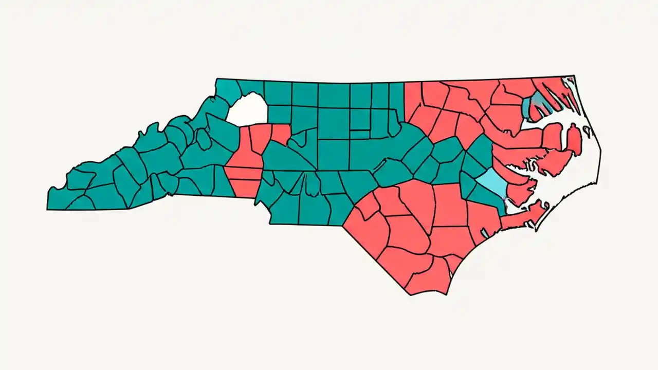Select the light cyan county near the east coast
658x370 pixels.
tap(492, 182)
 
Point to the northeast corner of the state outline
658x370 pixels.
tap(574, 77)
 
